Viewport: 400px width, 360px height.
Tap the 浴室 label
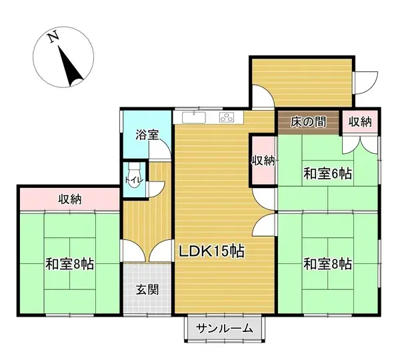[147, 135]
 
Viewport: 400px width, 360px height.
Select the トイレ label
[129, 179]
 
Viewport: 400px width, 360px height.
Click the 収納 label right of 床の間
[360, 122]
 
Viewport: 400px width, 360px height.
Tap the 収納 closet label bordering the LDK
[263, 160]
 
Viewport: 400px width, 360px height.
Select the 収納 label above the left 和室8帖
[70, 199]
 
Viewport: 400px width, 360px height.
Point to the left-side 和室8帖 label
[69, 263]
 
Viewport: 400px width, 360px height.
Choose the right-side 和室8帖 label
[328, 263]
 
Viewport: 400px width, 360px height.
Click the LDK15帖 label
[210, 251]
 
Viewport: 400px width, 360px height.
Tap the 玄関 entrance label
[147, 290]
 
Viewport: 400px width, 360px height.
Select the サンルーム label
[225, 327]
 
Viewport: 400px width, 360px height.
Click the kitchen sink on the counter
[195, 118]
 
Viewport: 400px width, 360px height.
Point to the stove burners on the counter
[228, 118]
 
